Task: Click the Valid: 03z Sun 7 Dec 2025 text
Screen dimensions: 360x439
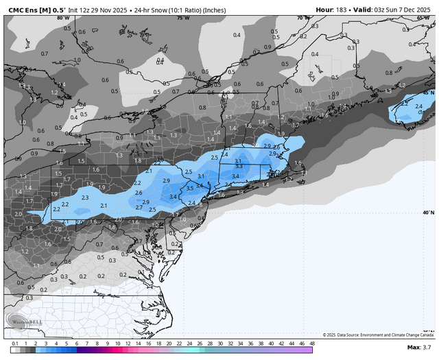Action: (x=392, y=10)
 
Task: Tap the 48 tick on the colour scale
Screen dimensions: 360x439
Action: (x=312, y=343)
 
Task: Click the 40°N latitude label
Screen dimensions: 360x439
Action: (x=429, y=213)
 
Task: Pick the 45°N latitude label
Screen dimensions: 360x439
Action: (x=429, y=92)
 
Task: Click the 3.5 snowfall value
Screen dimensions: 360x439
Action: (x=190, y=189)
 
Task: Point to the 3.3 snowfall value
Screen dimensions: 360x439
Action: (x=239, y=167)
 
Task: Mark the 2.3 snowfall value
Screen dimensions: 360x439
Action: (x=85, y=197)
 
